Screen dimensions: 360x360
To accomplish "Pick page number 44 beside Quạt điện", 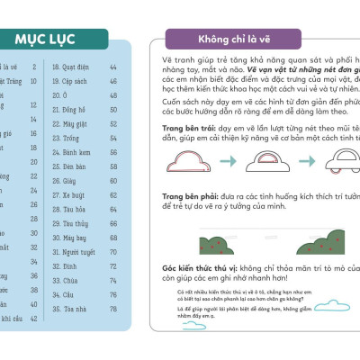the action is point(113,66).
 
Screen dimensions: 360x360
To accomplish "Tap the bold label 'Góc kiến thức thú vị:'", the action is point(209,269).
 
